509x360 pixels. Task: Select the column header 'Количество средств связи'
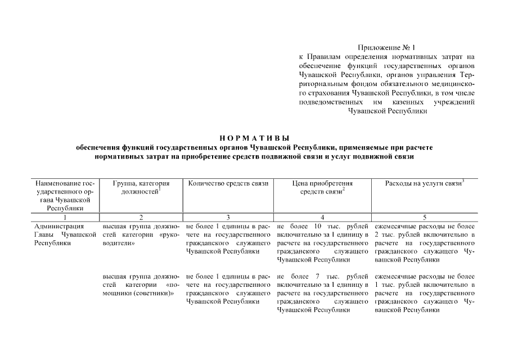tap(228, 183)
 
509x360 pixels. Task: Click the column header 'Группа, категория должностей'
tap(141, 187)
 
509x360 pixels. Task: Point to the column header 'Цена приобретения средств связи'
tap(322, 187)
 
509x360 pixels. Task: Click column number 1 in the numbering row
tap(65, 217)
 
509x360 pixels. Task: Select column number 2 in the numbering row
tap(141, 217)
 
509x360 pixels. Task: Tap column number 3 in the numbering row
tap(228, 217)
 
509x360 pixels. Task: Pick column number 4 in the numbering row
tap(322, 217)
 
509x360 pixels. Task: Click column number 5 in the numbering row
tap(424, 217)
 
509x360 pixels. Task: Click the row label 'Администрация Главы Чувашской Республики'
tap(65, 235)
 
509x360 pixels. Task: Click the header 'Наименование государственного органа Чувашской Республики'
tap(65, 195)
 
